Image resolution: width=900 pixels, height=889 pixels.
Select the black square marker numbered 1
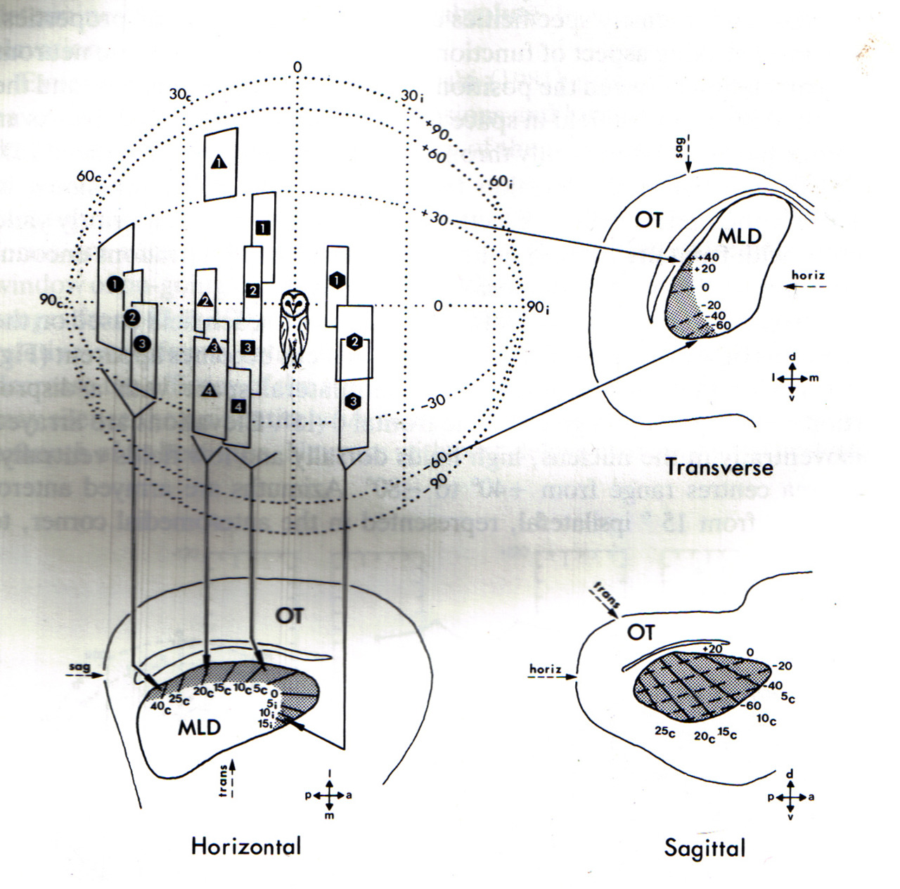coord(262,228)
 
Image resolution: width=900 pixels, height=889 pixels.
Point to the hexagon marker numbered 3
coord(354,401)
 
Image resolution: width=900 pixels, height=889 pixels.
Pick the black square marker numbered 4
coord(239,405)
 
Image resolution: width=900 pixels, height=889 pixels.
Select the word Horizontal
coord(245,846)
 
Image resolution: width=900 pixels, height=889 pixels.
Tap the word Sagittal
coord(705,848)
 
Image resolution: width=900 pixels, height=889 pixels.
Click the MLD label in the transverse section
coord(740,236)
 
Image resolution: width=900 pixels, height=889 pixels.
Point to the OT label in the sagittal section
coord(640,632)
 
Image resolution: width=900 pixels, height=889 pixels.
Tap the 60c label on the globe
coord(90,176)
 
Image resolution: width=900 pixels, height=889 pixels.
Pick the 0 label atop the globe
coord(297,67)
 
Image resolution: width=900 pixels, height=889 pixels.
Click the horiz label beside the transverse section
coord(807,275)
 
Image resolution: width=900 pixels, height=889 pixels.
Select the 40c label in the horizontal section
coord(158,706)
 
